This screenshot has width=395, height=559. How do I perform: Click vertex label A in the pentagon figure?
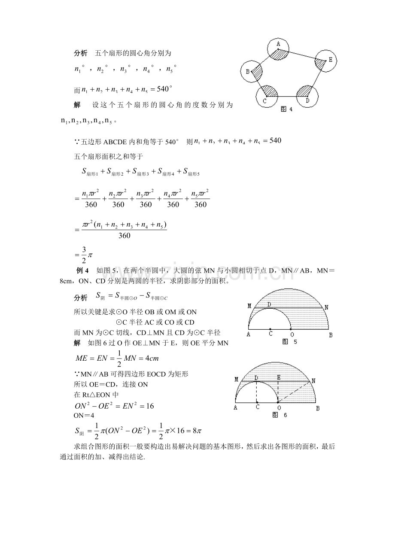(278, 43)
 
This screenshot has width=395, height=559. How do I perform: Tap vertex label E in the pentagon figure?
(330, 60)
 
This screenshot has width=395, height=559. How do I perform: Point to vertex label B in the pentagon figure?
(248, 72)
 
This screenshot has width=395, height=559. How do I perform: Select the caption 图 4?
(286, 109)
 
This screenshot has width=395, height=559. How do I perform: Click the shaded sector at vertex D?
(305, 91)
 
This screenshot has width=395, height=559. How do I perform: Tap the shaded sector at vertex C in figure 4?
(270, 91)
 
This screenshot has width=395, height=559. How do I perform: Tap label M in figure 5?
(249, 306)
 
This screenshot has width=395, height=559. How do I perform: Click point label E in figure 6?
(279, 377)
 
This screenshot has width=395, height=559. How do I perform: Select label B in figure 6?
(318, 408)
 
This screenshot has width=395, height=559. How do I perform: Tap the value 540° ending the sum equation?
(164, 89)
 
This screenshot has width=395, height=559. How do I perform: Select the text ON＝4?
(84, 416)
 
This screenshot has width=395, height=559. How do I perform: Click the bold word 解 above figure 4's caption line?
(77, 105)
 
